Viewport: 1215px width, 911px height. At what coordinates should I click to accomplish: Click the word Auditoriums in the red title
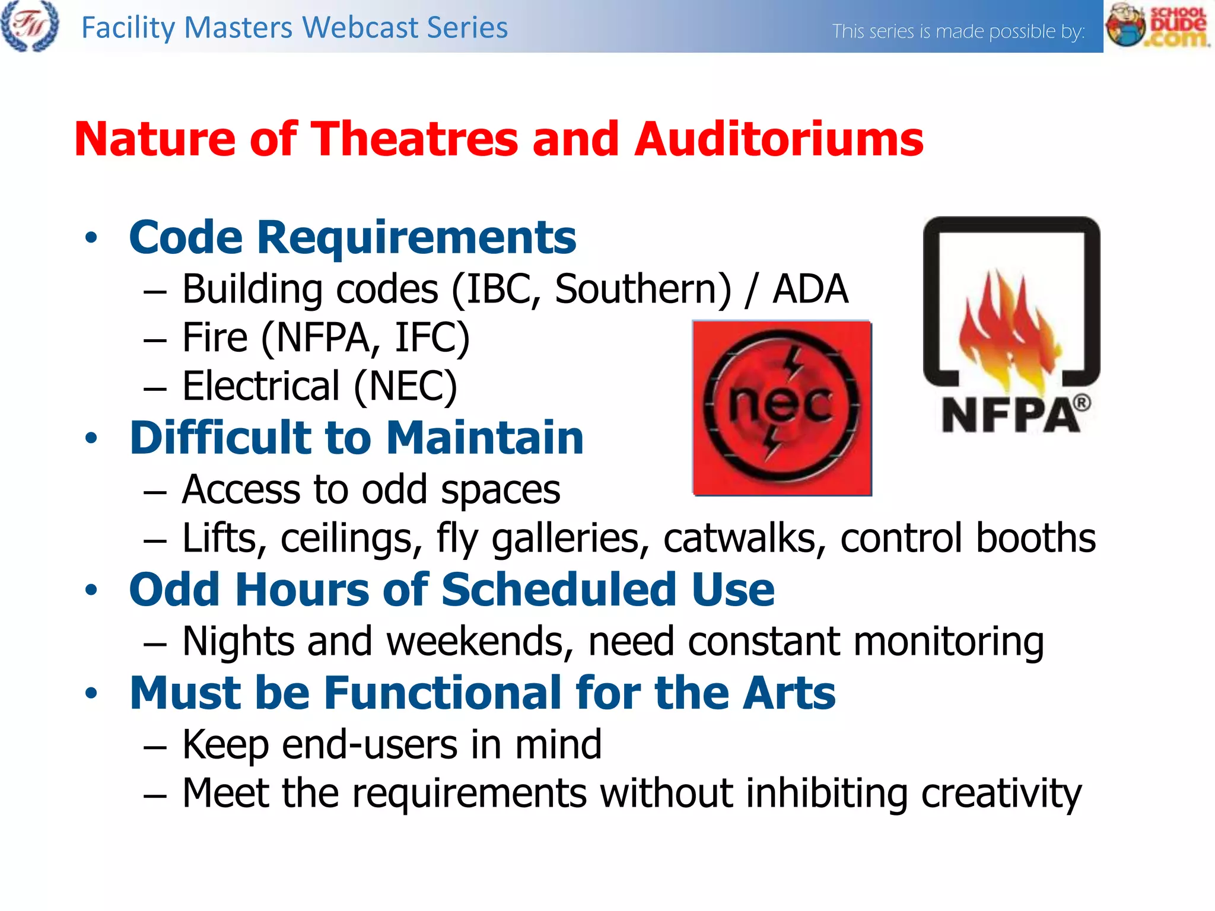(x=778, y=139)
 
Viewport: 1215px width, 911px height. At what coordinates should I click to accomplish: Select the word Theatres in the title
(x=415, y=139)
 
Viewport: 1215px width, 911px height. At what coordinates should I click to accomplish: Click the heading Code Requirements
(x=352, y=238)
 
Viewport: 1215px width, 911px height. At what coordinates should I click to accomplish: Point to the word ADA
(x=810, y=289)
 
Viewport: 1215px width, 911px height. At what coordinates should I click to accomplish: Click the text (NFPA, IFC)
(x=365, y=338)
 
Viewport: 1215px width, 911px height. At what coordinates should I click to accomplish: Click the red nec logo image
(x=781, y=408)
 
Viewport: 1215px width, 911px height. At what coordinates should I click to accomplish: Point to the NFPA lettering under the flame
(x=1010, y=415)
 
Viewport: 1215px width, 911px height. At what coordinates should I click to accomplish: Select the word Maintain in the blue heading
(x=485, y=438)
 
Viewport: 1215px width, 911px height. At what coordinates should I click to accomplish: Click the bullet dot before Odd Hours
(x=91, y=590)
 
